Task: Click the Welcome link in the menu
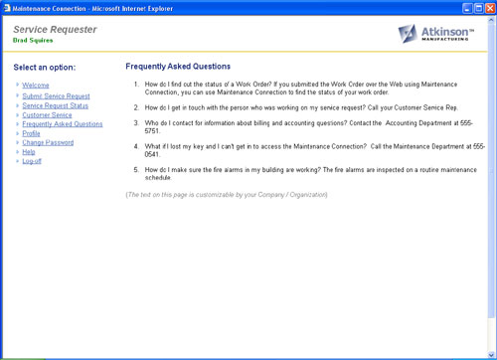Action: pos(36,86)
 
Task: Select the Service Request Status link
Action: pos(55,104)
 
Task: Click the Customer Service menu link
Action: pos(47,114)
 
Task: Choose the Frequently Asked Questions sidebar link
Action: pos(62,124)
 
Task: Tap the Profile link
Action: pos(31,133)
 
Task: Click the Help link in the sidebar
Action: pos(28,152)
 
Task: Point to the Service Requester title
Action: pos(55,30)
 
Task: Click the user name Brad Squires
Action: pos(34,41)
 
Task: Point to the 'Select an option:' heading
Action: pos(51,67)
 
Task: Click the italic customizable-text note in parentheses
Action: pos(226,194)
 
